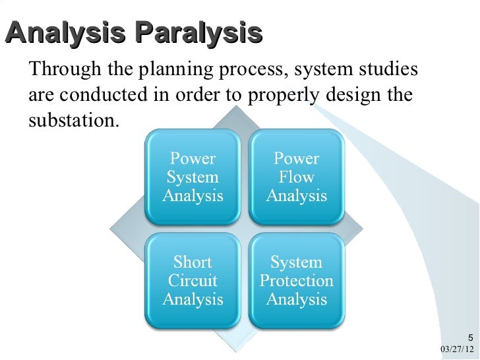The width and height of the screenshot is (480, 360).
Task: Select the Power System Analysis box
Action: (x=193, y=177)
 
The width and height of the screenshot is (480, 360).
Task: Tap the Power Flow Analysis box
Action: (x=296, y=177)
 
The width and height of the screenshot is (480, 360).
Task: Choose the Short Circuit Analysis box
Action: (x=193, y=280)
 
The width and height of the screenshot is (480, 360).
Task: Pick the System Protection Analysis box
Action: (x=296, y=280)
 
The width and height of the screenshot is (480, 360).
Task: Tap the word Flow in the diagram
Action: (x=297, y=177)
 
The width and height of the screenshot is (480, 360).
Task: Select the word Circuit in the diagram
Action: (x=193, y=281)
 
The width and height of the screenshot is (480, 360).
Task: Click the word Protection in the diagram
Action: (x=296, y=281)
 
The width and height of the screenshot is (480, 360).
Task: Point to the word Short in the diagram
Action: (x=193, y=262)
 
